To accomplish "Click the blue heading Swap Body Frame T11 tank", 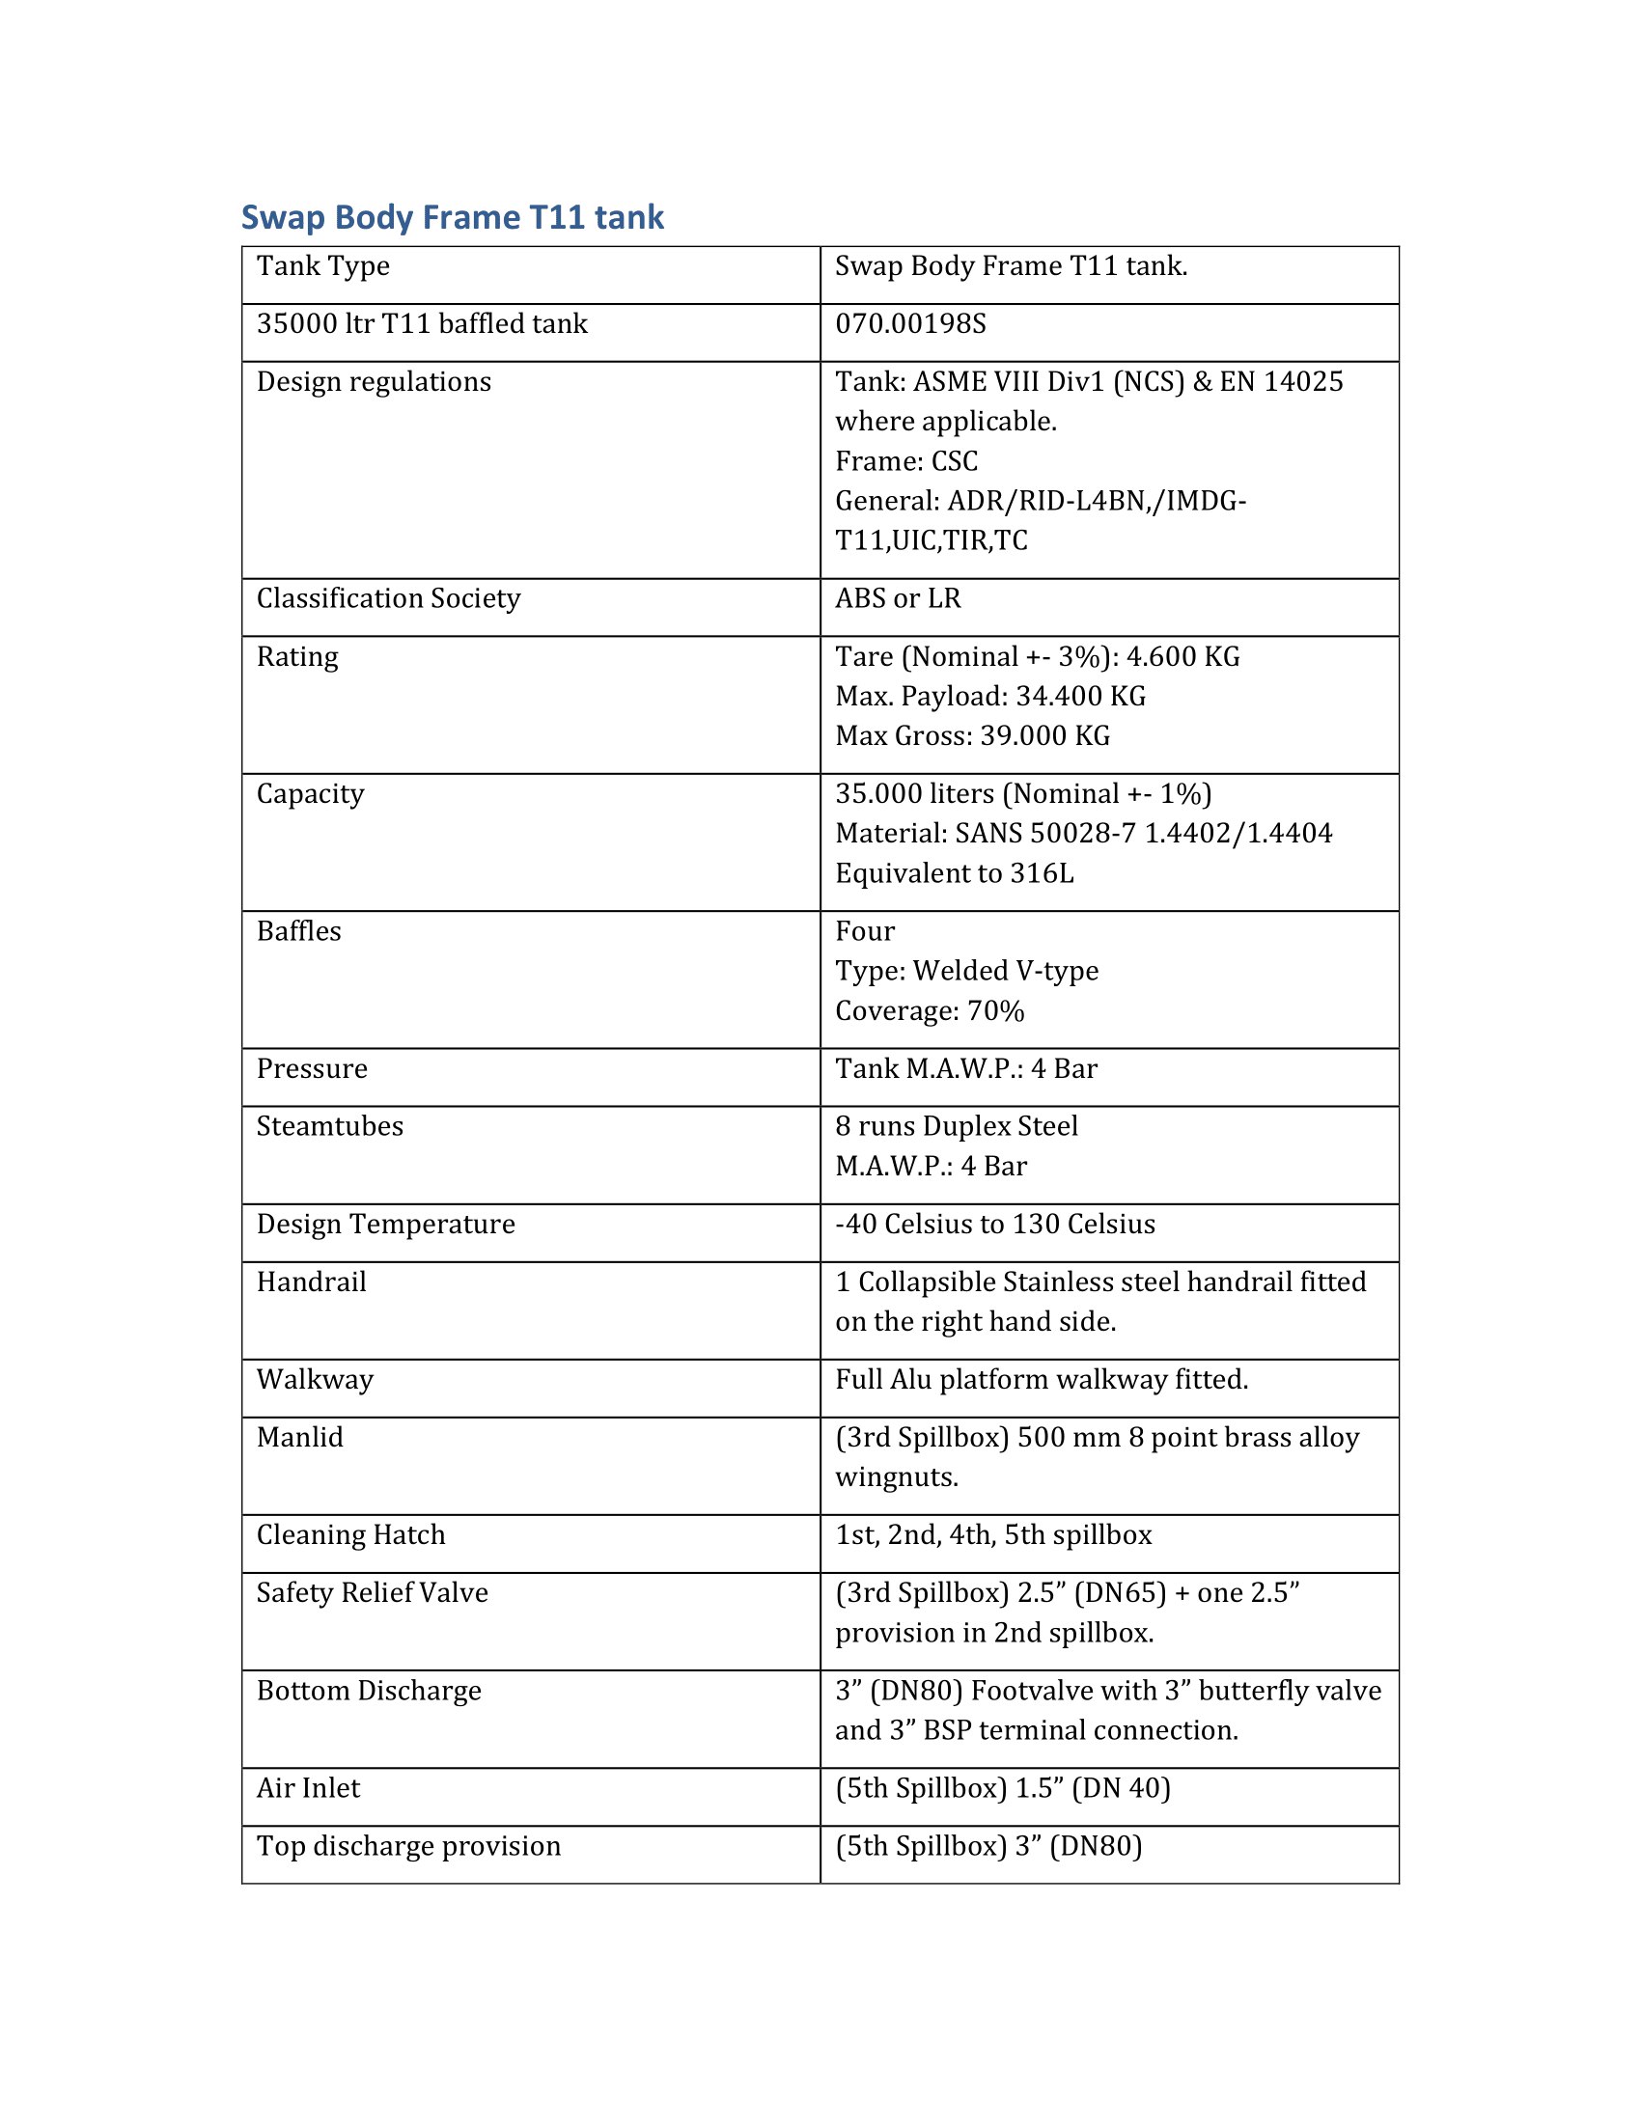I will [452, 217].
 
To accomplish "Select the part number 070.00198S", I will [910, 323].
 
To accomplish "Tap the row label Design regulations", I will [374, 382].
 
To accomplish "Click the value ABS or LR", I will [898, 599].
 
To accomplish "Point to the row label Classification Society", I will [388, 599].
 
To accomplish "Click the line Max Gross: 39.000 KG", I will [972, 736].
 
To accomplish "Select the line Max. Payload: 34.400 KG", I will [989, 696].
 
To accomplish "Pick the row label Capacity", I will [310, 794].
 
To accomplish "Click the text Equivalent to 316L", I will [954, 873].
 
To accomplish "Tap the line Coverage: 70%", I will [930, 1011].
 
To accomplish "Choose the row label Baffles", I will [298, 931].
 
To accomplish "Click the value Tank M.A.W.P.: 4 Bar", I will [965, 1069].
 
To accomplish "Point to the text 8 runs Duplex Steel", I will [956, 1126].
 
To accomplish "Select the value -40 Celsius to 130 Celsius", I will [994, 1224].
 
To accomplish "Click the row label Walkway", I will [315, 1379].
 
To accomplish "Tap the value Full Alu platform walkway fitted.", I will [1042, 1379].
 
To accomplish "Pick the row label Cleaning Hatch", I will [350, 1535].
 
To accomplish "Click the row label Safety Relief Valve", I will [372, 1592].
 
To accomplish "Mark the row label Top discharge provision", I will [408, 1846].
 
